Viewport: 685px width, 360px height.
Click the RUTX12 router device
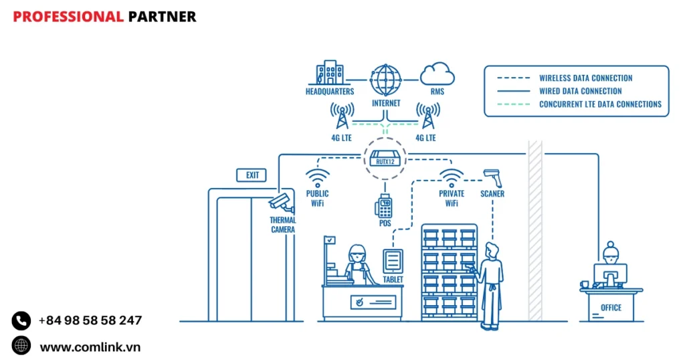[x=385, y=159]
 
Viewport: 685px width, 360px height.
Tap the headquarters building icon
[x=330, y=74]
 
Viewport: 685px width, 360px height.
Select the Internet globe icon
[x=386, y=80]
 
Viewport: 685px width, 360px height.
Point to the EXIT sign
[x=252, y=175]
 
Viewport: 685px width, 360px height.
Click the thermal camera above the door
[x=280, y=202]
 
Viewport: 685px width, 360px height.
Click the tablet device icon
[x=393, y=260]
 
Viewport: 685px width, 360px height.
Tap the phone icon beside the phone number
[x=21, y=321]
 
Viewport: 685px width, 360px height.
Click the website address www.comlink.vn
[x=90, y=347]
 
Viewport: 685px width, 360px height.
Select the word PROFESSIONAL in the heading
[x=68, y=16]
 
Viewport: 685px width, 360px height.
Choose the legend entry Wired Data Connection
[x=580, y=91]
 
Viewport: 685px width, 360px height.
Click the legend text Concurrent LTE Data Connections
[x=600, y=104]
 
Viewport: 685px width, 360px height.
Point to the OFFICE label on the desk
[x=611, y=308]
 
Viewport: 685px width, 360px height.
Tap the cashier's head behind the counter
[x=357, y=253]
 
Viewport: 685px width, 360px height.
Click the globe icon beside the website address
[x=21, y=345]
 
